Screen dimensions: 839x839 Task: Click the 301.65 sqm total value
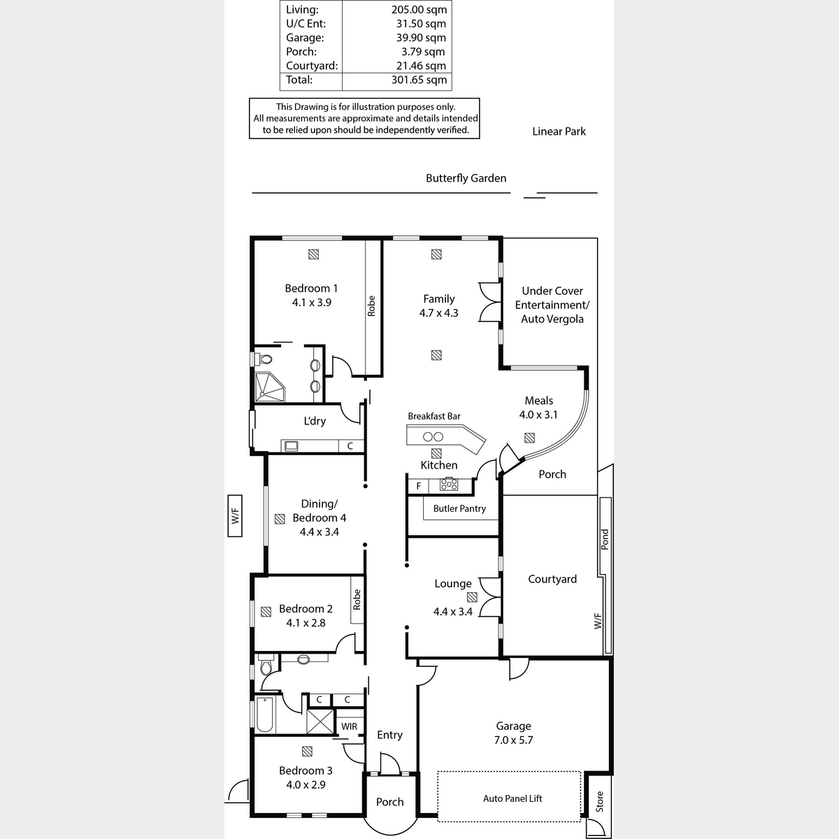pos(419,80)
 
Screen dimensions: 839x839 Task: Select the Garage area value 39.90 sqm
pos(421,38)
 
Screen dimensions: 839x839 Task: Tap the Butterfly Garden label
pos(466,178)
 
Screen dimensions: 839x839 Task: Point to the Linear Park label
pos(559,131)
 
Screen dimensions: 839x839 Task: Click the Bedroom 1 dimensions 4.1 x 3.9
pos(311,303)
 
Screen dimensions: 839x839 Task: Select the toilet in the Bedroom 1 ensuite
pos(264,359)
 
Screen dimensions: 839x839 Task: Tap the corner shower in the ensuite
pos(269,387)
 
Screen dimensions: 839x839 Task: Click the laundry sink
pos(291,446)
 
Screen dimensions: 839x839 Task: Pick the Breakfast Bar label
pos(433,416)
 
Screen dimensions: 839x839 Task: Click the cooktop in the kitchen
pos(448,484)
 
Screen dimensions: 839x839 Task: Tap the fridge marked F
pos(418,486)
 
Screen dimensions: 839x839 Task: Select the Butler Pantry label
pos(459,508)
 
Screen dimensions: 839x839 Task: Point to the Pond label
pos(605,539)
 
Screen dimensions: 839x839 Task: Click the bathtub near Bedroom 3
pos(264,715)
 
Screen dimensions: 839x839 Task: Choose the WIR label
pos(349,726)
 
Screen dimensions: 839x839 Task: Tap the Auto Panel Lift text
pos(512,798)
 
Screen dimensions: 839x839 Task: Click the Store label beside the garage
pos(599,801)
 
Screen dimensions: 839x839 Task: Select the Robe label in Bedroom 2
pos(357,599)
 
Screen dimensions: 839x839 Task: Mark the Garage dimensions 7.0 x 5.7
pos(513,740)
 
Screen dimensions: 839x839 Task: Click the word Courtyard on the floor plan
pos(552,579)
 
